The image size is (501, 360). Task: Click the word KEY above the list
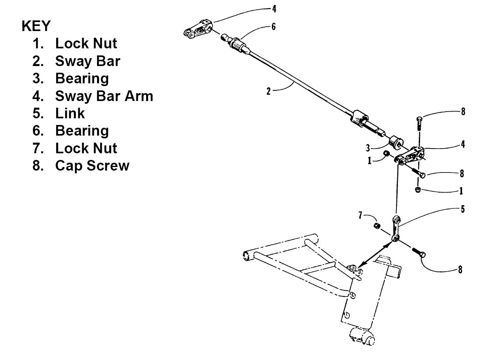pyautogui.click(x=36, y=26)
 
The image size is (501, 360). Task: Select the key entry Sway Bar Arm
pyautogui.click(x=104, y=96)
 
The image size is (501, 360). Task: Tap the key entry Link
pyautogui.click(x=70, y=113)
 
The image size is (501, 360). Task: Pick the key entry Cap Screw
pyautogui.click(x=92, y=165)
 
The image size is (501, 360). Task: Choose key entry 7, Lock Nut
pyautogui.click(x=86, y=148)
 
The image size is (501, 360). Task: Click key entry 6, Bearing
pyautogui.click(x=82, y=130)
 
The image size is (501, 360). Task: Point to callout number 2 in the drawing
pyautogui.click(x=268, y=92)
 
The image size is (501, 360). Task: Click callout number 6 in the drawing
pyautogui.click(x=273, y=26)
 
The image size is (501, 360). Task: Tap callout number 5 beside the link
pyautogui.click(x=462, y=209)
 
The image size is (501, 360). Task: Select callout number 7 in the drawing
pyautogui.click(x=360, y=215)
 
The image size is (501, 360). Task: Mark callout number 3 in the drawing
pyautogui.click(x=368, y=148)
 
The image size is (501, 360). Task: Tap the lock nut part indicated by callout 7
pyautogui.click(x=376, y=226)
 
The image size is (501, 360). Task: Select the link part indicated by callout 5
pyautogui.click(x=396, y=228)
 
